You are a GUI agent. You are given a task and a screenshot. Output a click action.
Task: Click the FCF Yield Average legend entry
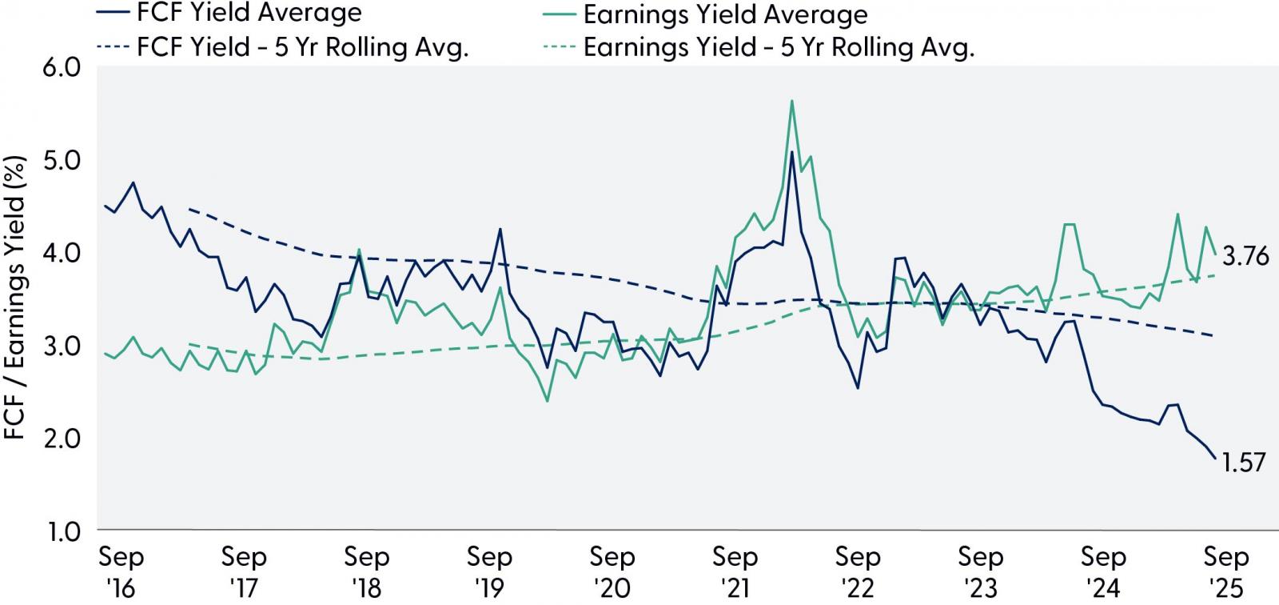pyautogui.click(x=229, y=13)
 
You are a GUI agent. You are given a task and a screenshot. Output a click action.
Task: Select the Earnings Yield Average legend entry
pyautogui.click(x=705, y=14)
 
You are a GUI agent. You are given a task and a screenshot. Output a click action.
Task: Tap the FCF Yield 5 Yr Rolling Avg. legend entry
pyautogui.click(x=283, y=47)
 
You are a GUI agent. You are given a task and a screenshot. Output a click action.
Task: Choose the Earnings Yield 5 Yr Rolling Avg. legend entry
pyautogui.click(x=759, y=47)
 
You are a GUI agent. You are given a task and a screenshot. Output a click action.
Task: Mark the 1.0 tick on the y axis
pyautogui.click(x=63, y=532)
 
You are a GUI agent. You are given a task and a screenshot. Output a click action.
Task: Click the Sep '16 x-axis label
pyautogui.click(x=121, y=572)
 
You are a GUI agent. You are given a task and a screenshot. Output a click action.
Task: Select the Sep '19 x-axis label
pyautogui.click(x=489, y=572)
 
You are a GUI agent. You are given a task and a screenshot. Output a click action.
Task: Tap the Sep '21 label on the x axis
pyautogui.click(x=735, y=572)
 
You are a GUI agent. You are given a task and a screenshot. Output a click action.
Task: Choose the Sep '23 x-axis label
pyautogui.click(x=980, y=572)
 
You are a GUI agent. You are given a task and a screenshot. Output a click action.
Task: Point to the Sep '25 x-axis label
pyautogui.click(x=1226, y=572)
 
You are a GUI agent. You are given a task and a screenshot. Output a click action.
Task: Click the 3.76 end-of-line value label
pyautogui.click(x=1245, y=257)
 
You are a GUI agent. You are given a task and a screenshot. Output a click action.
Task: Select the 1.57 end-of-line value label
pyautogui.click(x=1244, y=462)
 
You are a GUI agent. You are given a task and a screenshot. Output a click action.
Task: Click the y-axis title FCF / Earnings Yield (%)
pyautogui.click(x=15, y=298)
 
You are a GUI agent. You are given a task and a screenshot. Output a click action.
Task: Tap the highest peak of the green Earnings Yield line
pyautogui.click(x=792, y=101)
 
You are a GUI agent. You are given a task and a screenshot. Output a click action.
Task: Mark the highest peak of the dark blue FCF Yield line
pyautogui.click(x=792, y=152)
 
